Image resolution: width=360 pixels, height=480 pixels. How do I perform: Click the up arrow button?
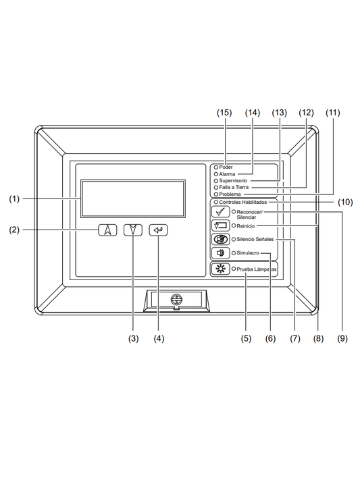pyautogui.click(x=107, y=230)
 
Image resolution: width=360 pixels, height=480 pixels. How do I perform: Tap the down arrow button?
pyautogui.click(x=133, y=230)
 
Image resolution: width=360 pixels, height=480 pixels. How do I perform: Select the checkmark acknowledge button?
pyautogui.click(x=220, y=213)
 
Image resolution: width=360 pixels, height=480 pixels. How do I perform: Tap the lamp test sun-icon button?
pyautogui.click(x=220, y=269)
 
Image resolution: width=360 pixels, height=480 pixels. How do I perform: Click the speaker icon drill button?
pyautogui.click(x=220, y=253)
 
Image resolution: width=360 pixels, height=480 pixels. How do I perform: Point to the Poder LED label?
pyautogui.click(x=226, y=167)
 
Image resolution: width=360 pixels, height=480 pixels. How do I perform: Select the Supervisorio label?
pyautogui.click(x=233, y=181)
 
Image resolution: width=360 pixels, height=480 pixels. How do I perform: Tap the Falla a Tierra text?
pyautogui.click(x=234, y=188)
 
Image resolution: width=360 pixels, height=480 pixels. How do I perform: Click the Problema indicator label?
pyautogui.click(x=231, y=194)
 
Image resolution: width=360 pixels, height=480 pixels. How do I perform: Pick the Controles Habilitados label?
pyautogui.click(x=243, y=202)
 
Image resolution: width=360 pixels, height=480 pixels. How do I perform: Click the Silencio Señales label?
pyautogui.click(x=255, y=240)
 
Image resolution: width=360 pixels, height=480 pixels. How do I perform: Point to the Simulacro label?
pyautogui.click(x=248, y=253)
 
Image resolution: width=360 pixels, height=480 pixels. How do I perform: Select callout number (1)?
pyautogui.click(x=15, y=199)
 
